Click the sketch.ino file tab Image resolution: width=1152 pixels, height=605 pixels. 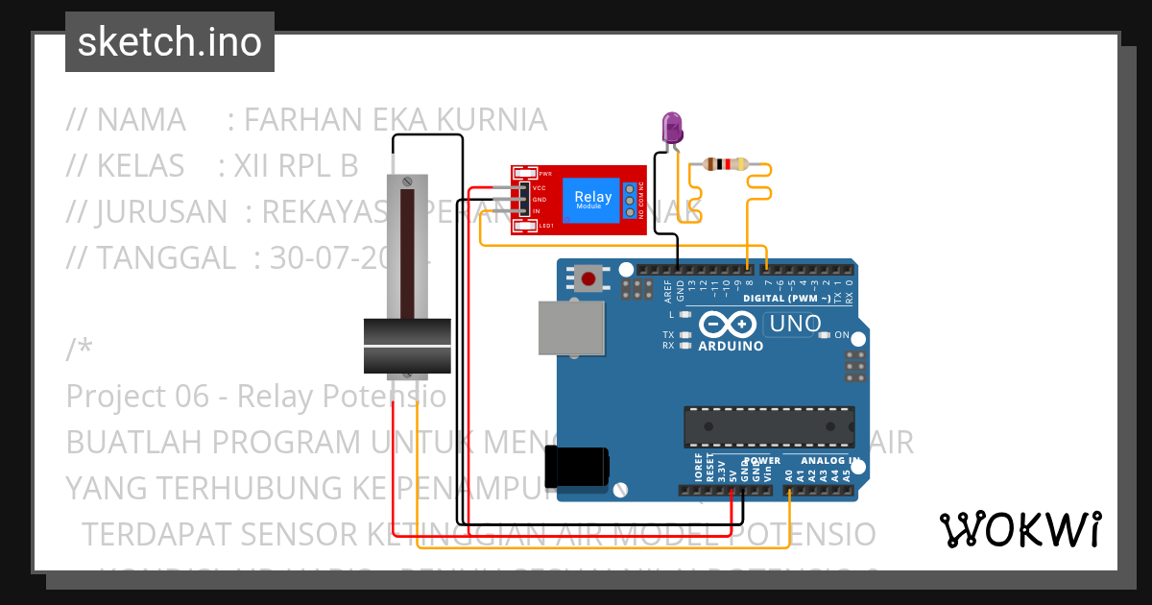[169, 42]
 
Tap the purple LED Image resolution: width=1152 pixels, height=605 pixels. [672, 128]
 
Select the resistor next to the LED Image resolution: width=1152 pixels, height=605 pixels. [726, 164]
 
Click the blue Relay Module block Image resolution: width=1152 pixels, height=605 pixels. [592, 201]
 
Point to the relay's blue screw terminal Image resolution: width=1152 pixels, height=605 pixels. [631, 200]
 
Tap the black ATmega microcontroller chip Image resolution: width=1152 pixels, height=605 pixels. [768, 426]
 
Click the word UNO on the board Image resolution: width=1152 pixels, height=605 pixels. [797, 324]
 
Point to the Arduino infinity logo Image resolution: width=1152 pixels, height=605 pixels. [729, 324]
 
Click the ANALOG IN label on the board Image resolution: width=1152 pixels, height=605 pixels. [825, 461]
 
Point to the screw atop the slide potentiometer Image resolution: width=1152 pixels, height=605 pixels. [408, 181]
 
